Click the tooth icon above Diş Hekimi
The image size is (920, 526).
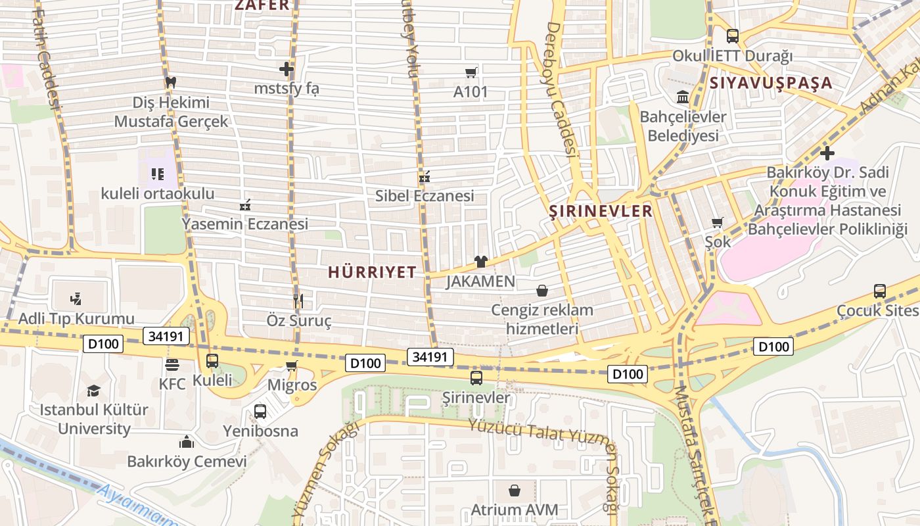click(x=171, y=82)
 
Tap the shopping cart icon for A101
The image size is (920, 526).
click(x=471, y=72)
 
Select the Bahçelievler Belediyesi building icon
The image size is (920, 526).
click(x=683, y=97)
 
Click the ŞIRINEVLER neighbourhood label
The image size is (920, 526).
click(x=601, y=211)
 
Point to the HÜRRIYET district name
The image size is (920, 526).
click(x=372, y=272)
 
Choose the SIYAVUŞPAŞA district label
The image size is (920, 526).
click(x=771, y=83)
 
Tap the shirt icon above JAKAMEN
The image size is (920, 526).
click(x=480, y=262)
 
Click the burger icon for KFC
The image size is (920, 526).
click(x=172, y=364)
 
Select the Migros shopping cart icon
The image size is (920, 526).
click(x=292, y=366)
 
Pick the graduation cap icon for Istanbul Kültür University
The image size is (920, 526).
click(x=93, y=391)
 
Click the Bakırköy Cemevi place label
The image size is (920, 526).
click(x=187, y=462)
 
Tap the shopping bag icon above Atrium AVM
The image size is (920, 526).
click(x=515, y=490)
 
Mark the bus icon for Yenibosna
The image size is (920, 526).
click(x=260, y=412)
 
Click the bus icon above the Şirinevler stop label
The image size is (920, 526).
click(x=476, y=378)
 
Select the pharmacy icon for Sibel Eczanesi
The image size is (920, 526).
click(x=425, y=177)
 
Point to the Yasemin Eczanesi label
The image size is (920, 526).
click(x=244, y=224)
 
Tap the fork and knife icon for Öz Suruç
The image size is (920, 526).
click(x=298, y=301)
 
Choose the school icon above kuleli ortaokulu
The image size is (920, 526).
click(x=157, y=174)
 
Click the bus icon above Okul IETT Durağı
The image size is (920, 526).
click(x=732, y=36)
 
